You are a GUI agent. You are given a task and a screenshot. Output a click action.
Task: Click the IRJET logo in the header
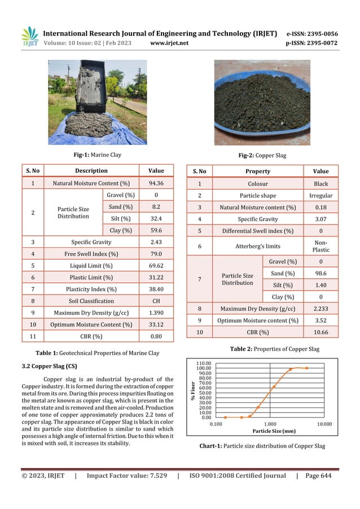point(30,37)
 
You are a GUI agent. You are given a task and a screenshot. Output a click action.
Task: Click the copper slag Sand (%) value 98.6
point(321,273)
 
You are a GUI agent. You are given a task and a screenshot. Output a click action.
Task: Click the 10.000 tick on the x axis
point(324,423)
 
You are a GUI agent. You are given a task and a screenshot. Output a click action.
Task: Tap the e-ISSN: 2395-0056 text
point(313,34)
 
